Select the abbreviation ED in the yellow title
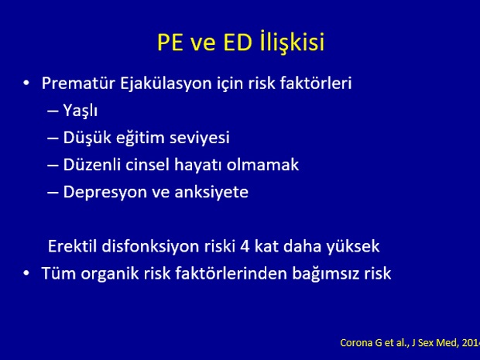coord(238,43)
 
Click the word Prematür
coord(78,84)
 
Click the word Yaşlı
coord(81,111)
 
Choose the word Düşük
coord(87,138)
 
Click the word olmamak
coord(262,165)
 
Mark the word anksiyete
coord(211,193)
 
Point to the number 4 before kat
coord(245,247)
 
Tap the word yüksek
coord(353,247)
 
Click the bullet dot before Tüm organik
coord(26,273)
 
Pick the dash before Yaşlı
coord(53,111)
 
